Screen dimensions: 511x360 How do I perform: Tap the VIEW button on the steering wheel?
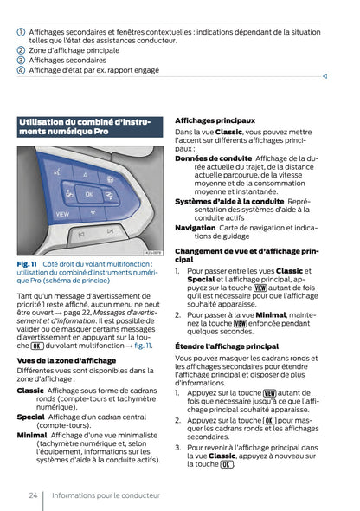63,213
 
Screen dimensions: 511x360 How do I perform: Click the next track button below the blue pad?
110,231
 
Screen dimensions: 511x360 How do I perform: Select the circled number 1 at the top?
21,31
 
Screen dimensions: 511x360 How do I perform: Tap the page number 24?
32,495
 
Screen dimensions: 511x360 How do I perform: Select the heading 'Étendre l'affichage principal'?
226,346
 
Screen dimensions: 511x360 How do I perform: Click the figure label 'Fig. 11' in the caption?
27,263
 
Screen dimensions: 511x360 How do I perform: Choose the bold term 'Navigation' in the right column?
195,228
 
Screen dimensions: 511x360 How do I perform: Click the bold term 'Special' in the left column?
31,416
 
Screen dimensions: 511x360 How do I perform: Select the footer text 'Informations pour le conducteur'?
106,495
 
